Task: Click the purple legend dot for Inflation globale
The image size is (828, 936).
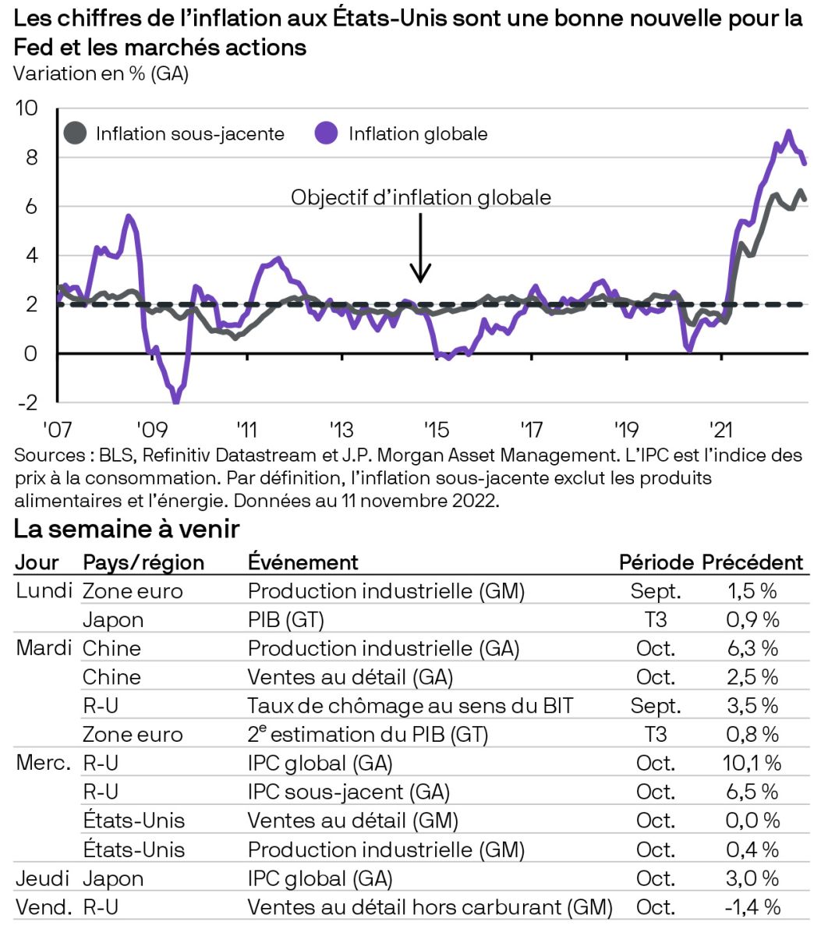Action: [x=327, y=133]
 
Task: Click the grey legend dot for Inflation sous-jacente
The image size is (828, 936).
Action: [x=75, y=133]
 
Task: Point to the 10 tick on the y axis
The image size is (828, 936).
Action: [x=27, y=108]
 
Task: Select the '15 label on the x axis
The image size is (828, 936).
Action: [x=436, y=430]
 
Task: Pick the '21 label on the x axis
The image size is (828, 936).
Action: [x=720, y=430]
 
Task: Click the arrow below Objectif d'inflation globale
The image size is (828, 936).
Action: [x=421, y=248]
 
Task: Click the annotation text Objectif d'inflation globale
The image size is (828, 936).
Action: [x=421, y=197]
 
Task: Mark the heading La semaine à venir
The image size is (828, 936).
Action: [x=126, y=529]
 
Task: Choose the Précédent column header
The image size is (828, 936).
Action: [x=752, y=562]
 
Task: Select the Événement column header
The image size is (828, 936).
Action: [x=303, y=562]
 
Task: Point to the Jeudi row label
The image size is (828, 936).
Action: [x=41, y=878]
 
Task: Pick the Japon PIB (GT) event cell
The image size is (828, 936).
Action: [x=285, y=620]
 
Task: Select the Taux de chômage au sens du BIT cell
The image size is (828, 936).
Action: [x=410, y=706]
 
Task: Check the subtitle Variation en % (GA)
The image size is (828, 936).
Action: [x=101, y=74]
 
